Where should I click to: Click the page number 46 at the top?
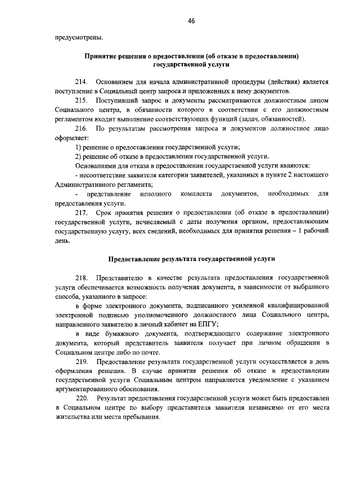point(191,21)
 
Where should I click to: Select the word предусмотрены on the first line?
point(78,38)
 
